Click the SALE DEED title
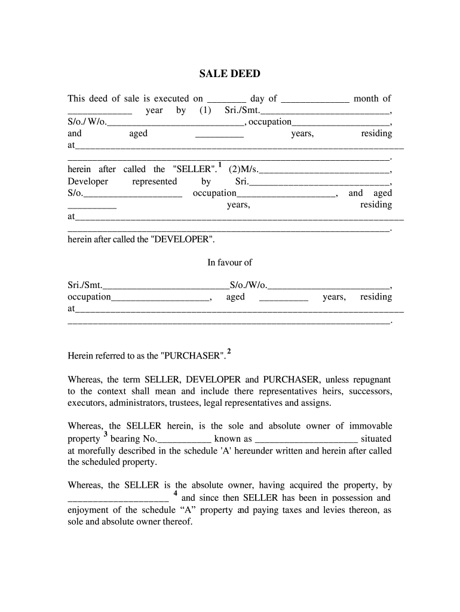coord(229,74)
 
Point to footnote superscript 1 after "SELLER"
coord(220,164)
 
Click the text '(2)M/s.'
coord(244,170)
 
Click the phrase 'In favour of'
coord(229,262)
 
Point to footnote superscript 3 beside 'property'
coord(105,434)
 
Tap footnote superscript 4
coord(175,493)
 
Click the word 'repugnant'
coord(367,380)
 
